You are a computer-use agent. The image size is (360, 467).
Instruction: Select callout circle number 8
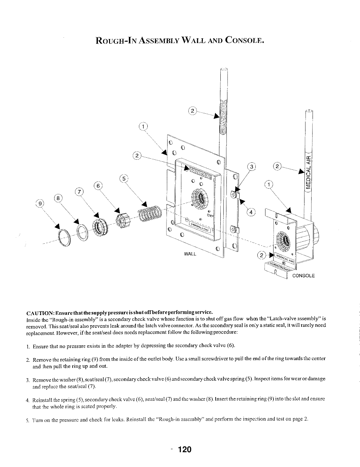(x=58, y=198)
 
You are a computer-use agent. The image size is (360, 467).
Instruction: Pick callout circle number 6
(x=98, y=186)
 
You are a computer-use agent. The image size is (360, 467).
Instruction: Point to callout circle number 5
(x=124, y=179)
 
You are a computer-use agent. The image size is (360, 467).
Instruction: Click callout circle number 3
(x=252, y=167)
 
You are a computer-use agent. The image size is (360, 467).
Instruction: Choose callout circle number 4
(x=251, y=212)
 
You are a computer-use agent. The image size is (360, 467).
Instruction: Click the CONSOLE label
(x=303, y=276)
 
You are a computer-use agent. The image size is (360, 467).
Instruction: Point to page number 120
(x=185, y=450)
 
